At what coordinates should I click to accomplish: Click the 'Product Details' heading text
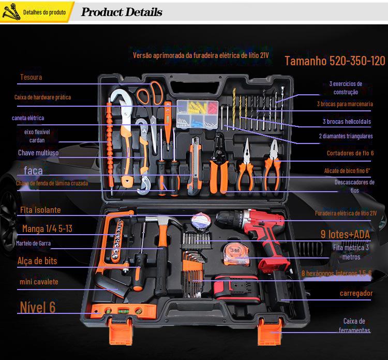click(x=122, y=12)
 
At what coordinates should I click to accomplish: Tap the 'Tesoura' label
click(x=31, y=77)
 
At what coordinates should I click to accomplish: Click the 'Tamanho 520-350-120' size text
click(x=335, y=61)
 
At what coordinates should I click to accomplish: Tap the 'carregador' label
click(x=356, y=293)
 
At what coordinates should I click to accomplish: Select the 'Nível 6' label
click(x=38, y=307)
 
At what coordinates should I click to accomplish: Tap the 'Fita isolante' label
click(x=40, y=210)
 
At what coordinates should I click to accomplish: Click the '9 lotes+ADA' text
click(x=345, y=234)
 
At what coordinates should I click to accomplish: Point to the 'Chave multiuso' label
click(x=38, y=153)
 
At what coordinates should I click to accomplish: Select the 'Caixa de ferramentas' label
click(x=354, y=325)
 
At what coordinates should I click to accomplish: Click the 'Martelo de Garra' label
click(x=33, y=243)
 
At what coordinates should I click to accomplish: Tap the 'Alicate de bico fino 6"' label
click(x=347, y=170)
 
